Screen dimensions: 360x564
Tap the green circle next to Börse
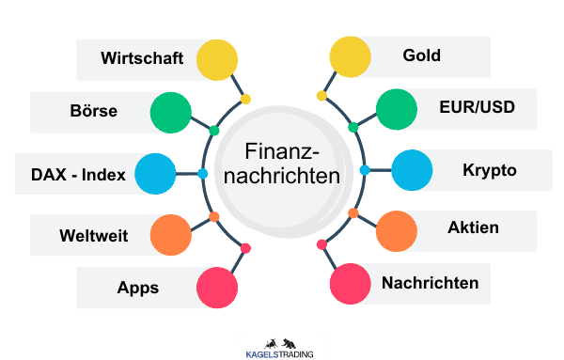(x=170, y=112)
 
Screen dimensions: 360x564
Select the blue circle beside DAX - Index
(x=155, y=173)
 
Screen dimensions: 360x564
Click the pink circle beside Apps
(x=218, y=288)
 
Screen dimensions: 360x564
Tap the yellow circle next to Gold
(x=349, y=57)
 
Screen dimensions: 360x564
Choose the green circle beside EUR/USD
(x=396, y=111)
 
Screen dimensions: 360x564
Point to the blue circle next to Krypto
(x=411, y=170)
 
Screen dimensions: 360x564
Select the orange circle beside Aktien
(x=396, y=230)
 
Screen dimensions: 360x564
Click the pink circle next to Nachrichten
(x=349, y=283)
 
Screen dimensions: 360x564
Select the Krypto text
(x=490, y=170)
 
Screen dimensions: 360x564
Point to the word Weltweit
(x=93, y=234)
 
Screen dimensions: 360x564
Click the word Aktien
(x=474, y=227)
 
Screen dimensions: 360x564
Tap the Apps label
(x=137, y=288)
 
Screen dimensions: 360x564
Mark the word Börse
(x=94, y=111)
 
